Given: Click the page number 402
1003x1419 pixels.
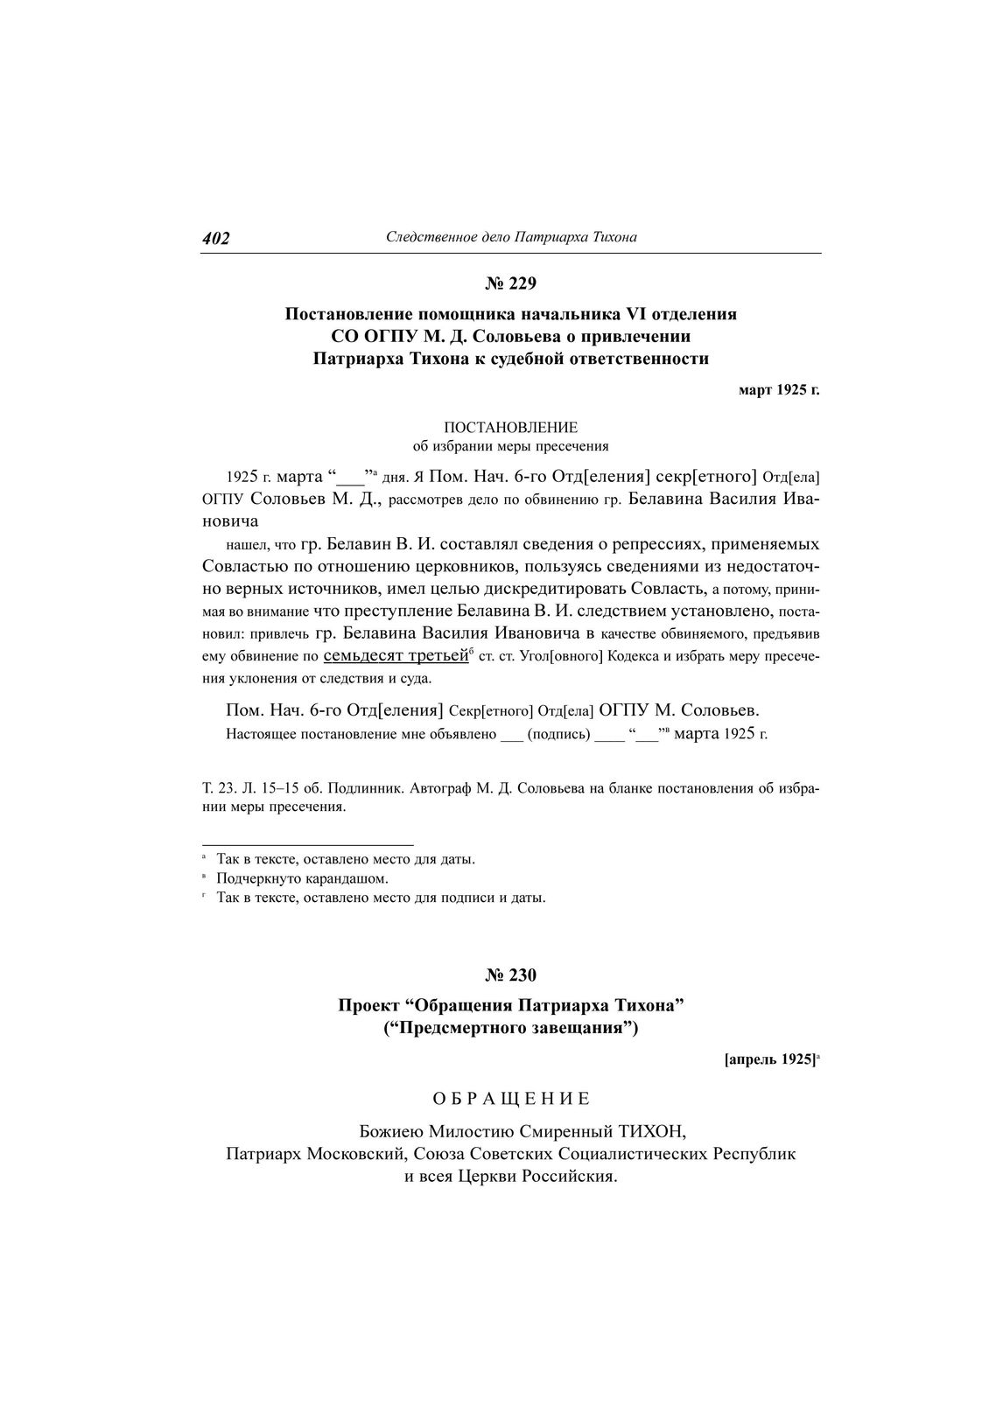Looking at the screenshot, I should tap(215, 239).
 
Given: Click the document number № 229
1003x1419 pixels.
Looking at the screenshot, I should tap(510, 283).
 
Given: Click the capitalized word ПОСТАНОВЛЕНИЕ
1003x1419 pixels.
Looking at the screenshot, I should tap(510, 428).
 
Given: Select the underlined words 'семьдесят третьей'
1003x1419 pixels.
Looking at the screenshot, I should tap(396, 655).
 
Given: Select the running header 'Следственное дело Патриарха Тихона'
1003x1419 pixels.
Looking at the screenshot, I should tap(511, 237).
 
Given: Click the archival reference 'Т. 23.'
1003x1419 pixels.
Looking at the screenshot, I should tap(218, 788).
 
